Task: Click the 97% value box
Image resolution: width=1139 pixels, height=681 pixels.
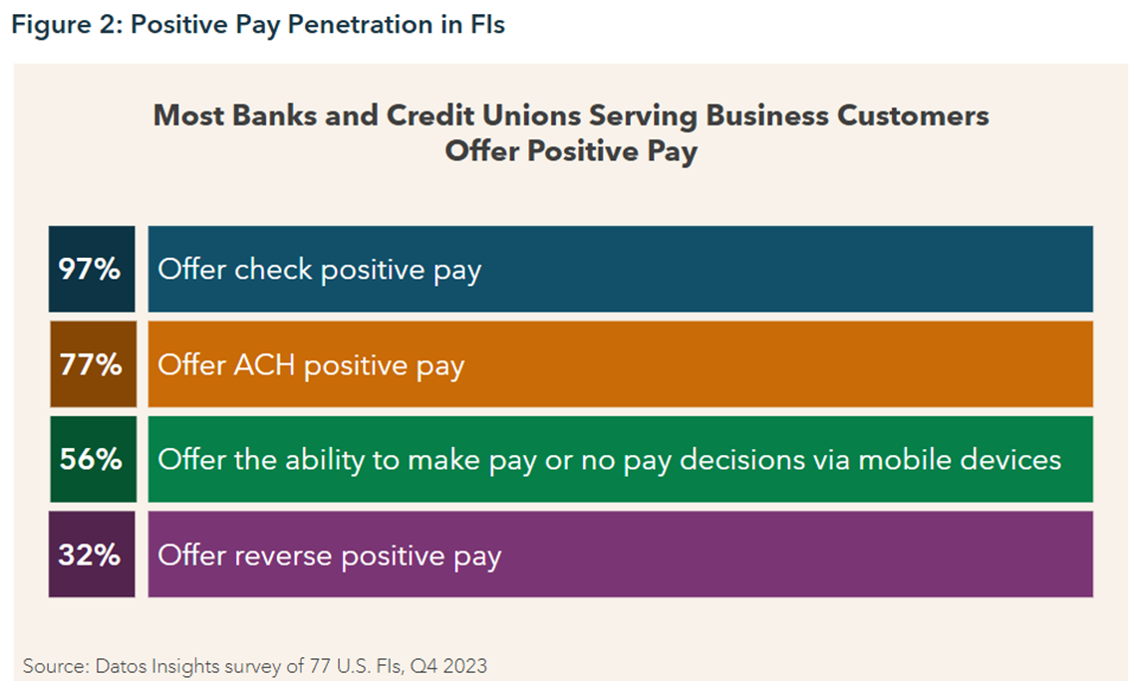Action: click(x=92, y=269)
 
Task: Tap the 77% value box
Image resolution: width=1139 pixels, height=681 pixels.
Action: click(x=93, y=363)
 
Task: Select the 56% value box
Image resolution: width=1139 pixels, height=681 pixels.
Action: click(x=93, y=459)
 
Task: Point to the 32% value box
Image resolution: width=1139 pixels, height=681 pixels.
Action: click(x=92, y=554)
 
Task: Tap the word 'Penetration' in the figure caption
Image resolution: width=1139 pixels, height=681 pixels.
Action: click(x=360, y=25)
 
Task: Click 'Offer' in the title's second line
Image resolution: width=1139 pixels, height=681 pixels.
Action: click(x=482, y=151)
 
